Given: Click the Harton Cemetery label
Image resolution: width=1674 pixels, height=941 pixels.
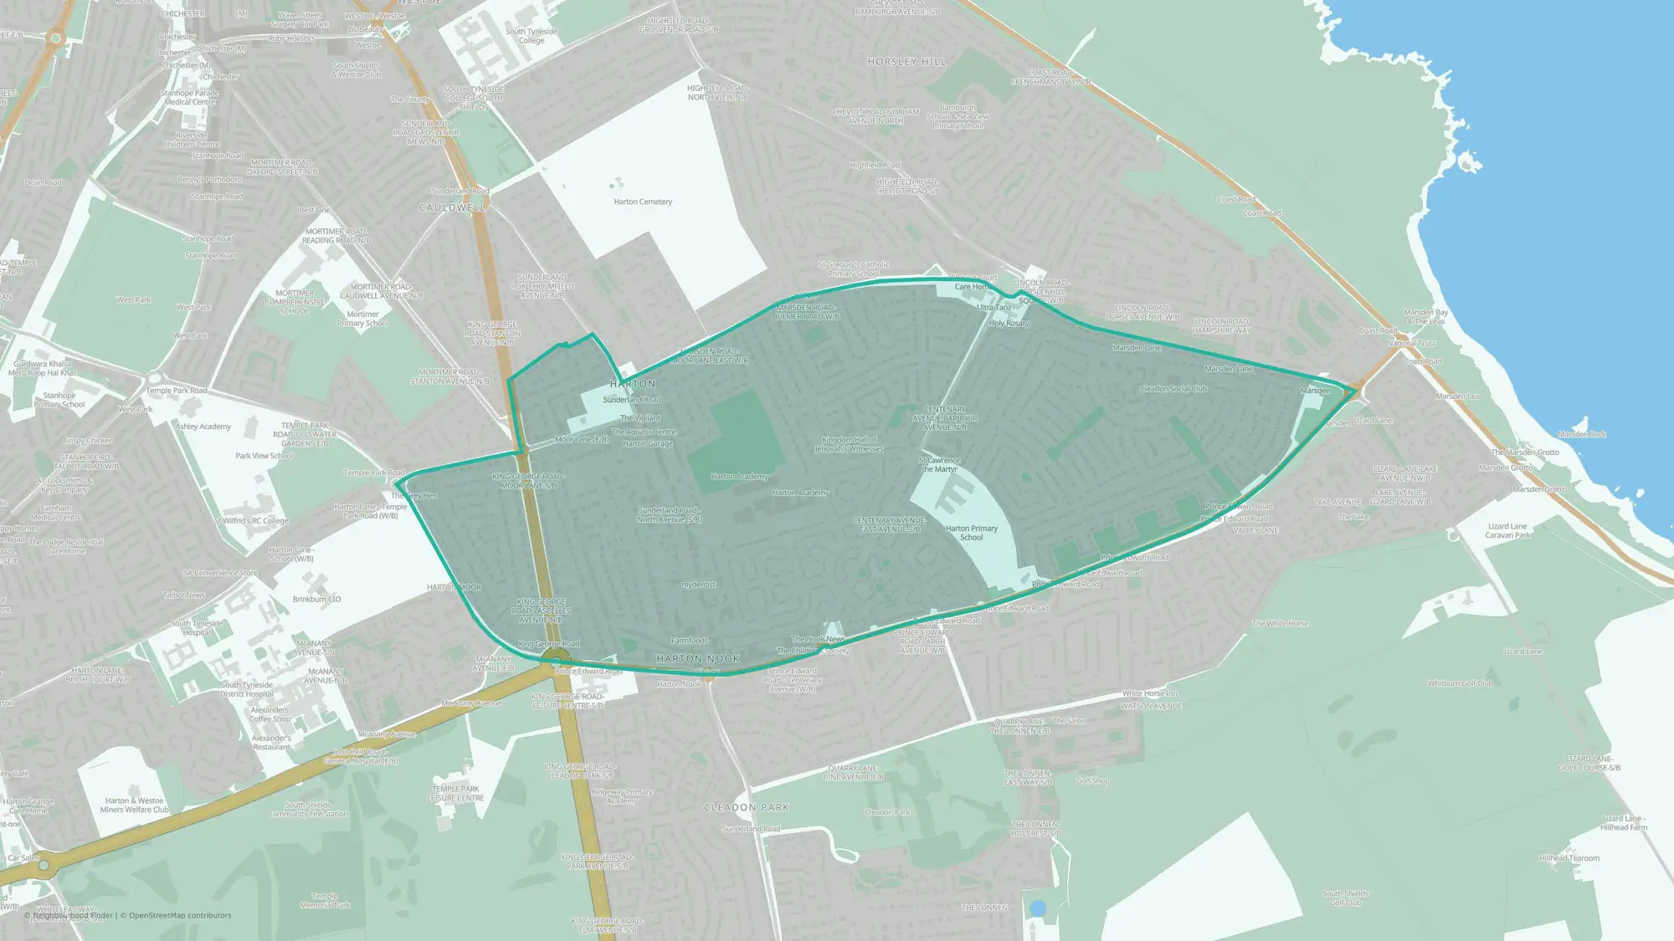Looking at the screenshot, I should pyautogui.click(x=643, y=202).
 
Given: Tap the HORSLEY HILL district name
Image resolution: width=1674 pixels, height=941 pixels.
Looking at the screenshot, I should pyautogui.click(x=906, y=62).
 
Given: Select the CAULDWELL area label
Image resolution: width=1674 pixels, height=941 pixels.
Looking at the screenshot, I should pyautogui.click(x=452, y=207).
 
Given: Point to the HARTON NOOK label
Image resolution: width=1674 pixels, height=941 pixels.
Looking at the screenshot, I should pyautogui.click(x=698, y=659).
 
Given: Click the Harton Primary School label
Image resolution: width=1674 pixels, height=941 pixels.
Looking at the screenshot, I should pyautogui.click(x=971, y=533).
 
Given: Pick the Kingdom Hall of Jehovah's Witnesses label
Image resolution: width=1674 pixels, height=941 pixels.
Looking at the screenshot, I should pyautogui.click(x=849, y=444).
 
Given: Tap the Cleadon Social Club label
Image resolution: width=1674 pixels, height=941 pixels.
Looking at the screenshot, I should pyautogui.click(x=1173, y=389).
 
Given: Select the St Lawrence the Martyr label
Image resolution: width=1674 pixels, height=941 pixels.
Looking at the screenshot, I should pyautogui.click(x=939, y=464).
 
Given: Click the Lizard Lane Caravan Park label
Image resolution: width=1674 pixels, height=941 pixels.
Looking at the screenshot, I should pyautogui.click(x=1507, y=531).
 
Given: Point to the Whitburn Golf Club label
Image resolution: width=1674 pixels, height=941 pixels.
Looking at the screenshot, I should pyautogui.click(x=1460, y=683).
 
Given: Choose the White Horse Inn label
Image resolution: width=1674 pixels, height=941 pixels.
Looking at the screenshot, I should pyautogui.click(x=1149, y=693).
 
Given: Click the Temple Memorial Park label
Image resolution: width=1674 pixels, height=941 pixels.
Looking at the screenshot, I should pyautogui.click(x=325, y=900).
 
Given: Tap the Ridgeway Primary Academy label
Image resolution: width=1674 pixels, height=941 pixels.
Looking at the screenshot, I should pyautogui.click(x=622, y=796).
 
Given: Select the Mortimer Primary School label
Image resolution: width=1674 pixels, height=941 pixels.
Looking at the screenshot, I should pyautogui.click(x=362, y=319).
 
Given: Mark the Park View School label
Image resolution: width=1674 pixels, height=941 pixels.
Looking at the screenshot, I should pyautogui.click(x=264, y=456).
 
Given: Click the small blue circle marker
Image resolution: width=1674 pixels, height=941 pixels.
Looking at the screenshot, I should pyautogui.click(x=1038, y=908).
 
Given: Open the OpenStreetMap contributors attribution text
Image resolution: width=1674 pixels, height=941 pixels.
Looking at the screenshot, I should pyautogui.click(x=180, y=915).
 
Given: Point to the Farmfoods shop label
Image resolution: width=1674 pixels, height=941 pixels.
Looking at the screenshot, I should pyautogui.click(x=689, y=641).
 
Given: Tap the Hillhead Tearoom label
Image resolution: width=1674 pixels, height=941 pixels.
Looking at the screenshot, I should pyautogui.click(x=1569, y=858).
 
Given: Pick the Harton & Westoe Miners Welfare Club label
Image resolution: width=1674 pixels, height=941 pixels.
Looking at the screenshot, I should pyautogui.click(x=134, y=805).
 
